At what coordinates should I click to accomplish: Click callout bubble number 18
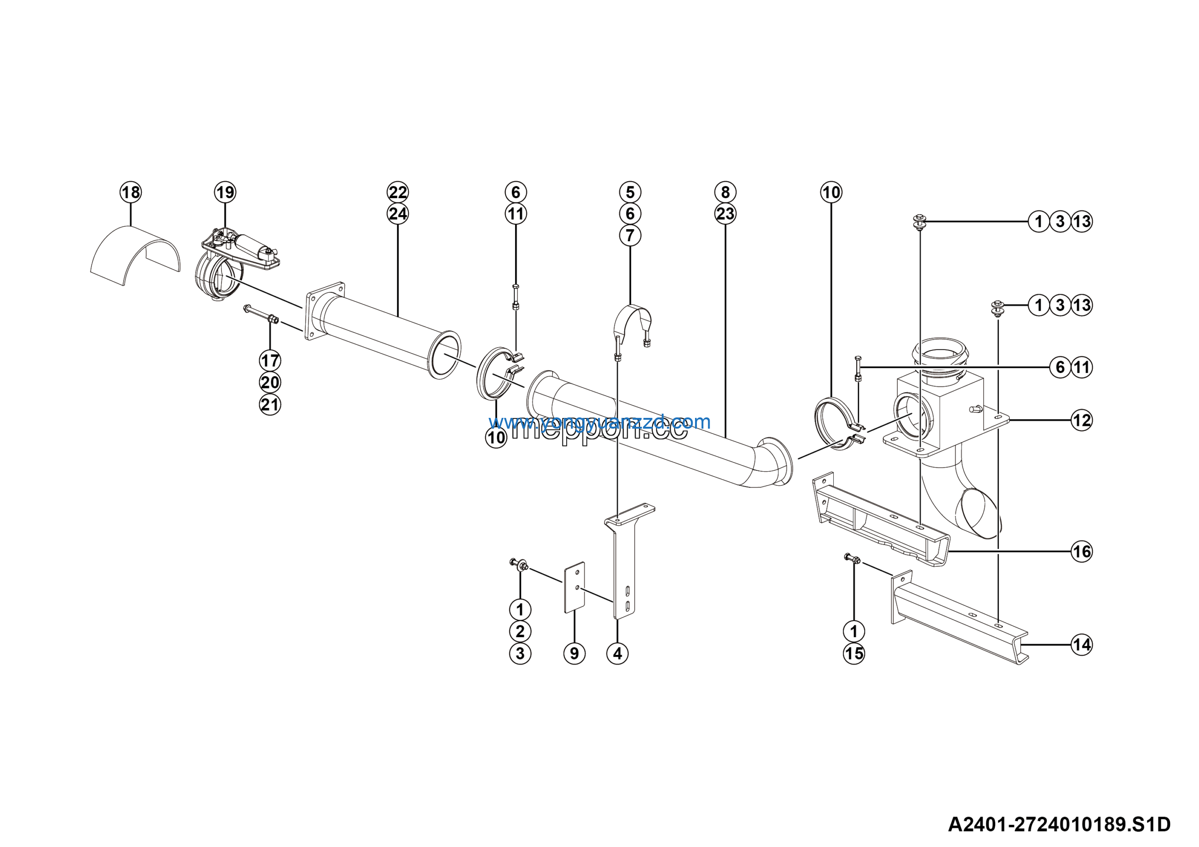pos(131,192)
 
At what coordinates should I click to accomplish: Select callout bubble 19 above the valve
pos(225,192)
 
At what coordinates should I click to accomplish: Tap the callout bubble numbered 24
pos(398,214)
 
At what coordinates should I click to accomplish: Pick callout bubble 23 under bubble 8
pos(725,214)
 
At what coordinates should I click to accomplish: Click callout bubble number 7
pos(630,236)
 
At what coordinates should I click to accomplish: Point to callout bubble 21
pos(270,405)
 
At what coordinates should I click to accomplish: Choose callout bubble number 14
pos(1081,645)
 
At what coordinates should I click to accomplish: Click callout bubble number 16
pos(1081,551)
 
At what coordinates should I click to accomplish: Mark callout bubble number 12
pos(1081,420)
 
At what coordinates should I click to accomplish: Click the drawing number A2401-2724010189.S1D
pos(1059,825)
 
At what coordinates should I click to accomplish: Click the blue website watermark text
pos(599,422)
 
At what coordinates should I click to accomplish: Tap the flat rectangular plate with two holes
pos(574,587)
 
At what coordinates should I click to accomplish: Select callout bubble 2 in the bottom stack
pos(520,632)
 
